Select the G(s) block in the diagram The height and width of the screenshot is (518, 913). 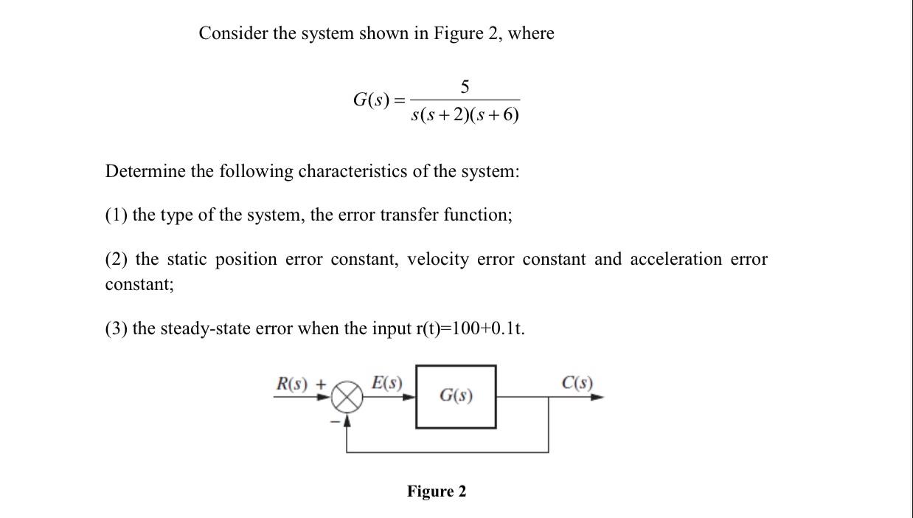(456, 396)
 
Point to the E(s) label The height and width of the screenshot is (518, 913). (387, 383)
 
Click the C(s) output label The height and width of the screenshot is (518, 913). (577, 383)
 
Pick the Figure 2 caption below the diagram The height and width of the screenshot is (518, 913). (437, 491)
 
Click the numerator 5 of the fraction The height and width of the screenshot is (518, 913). (465, 87)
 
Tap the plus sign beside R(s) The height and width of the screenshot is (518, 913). (321, 384)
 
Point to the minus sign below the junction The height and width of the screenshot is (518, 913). (333, 422)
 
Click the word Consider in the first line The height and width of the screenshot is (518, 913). (234, 33)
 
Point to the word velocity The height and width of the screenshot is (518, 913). (438, 260)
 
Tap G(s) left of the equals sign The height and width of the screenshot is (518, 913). (371, 100)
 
